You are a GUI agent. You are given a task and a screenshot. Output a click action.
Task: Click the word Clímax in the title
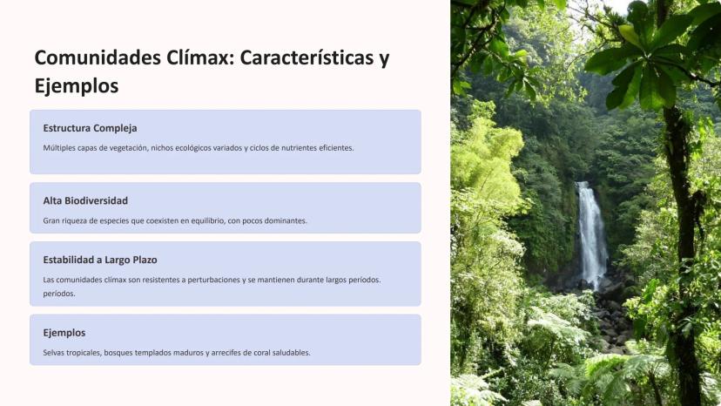point(200,58)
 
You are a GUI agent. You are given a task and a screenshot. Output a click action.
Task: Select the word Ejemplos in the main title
point(77,86)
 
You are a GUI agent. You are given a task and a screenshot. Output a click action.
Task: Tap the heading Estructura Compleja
point(91,128)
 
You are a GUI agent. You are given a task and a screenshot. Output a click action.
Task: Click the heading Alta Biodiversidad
point(85,200)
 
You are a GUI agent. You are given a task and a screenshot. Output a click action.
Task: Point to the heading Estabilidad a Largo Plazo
point(100,260)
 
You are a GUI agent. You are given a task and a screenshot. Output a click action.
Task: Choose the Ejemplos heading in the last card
point(64,333)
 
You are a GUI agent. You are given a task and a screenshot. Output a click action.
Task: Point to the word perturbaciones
point(217,280)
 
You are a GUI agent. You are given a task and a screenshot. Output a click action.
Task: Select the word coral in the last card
point(261,353)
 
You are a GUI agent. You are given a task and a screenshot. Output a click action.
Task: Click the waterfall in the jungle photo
point(592,233)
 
